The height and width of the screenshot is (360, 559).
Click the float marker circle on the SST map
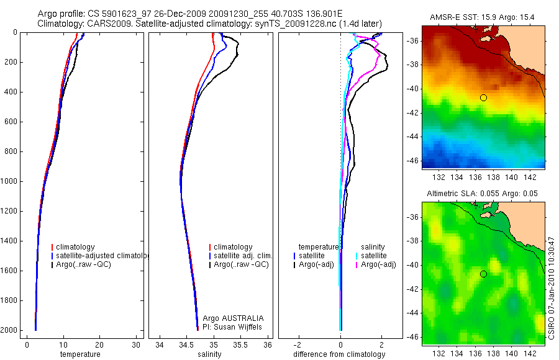tap(483, 97)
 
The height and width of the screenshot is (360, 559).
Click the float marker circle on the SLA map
tap(483, 274)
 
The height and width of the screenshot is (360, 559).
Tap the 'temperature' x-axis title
tap(80, 354)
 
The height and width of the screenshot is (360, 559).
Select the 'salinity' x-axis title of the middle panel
tap(210, 354)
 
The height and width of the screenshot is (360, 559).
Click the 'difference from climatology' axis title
tap(339, 354)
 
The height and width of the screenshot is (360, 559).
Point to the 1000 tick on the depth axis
tap(9, 181)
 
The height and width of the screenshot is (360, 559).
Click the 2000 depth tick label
tap(9, 330)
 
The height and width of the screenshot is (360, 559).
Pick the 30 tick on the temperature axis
tap(136, 345)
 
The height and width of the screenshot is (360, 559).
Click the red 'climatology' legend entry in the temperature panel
tap(75, 247)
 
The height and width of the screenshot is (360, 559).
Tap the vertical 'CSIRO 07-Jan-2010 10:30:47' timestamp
tap(552, 287)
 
